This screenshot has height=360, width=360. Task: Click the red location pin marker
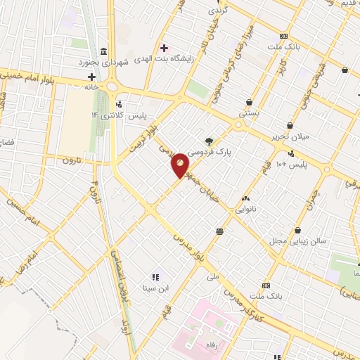tap(180, 165)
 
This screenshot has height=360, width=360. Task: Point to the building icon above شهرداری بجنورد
tap(104, 51)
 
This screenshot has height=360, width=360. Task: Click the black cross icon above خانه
tap(91, 76)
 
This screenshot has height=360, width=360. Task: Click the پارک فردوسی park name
tap(234, 151)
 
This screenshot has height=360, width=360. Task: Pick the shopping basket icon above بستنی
tap(249, 102)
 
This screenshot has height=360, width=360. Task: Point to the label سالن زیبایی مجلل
tap(302, 240)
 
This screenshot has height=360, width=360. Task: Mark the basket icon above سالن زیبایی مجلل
tap(298, 230)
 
